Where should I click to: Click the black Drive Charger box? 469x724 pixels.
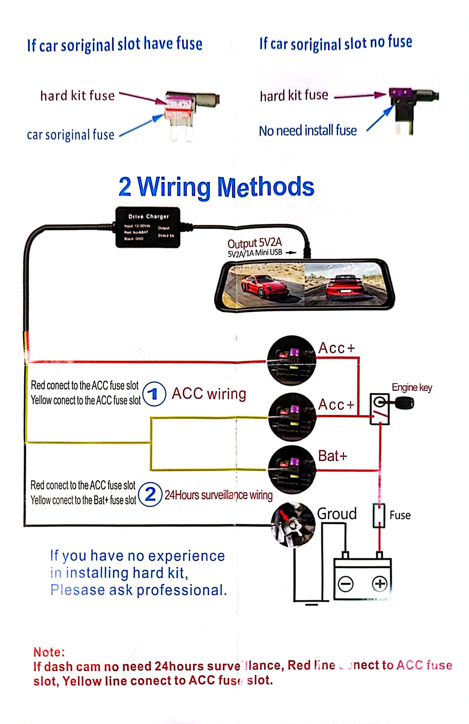tap(148, 227)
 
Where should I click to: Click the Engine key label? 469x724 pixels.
tap(411, 387)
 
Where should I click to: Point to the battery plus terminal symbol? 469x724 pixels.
tap(379, 584)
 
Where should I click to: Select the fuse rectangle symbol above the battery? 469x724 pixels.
tap(379, 515)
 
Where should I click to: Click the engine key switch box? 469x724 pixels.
tap(380, 409)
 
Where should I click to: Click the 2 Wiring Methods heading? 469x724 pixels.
tap(216, 187)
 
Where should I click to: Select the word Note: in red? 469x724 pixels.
tap(49, 652)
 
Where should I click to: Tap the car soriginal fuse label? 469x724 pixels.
tap(71, 135)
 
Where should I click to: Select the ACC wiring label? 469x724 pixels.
tap(209, 394)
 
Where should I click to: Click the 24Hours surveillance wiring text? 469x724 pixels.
tap(218, 495)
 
